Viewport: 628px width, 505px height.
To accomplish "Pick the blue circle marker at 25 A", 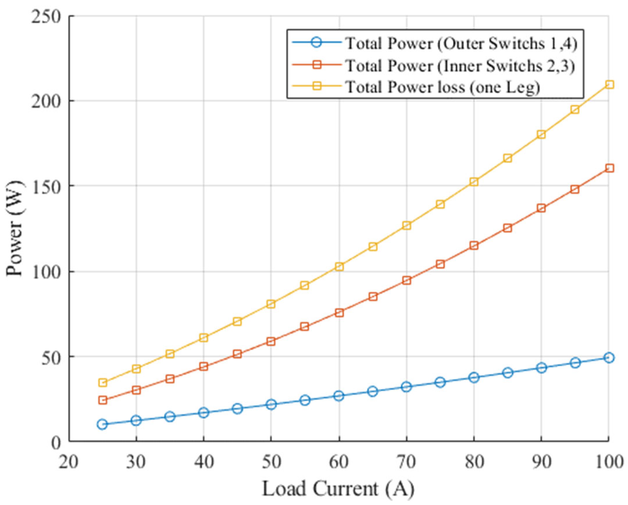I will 102,424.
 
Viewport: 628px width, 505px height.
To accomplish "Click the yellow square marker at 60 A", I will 339,267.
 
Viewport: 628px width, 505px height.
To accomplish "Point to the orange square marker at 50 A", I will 271,341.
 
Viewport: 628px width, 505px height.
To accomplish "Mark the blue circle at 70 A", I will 407,387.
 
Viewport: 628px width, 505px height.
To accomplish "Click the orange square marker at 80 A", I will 474,245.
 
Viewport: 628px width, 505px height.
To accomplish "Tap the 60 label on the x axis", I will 339,462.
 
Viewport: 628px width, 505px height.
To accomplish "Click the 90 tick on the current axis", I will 541,462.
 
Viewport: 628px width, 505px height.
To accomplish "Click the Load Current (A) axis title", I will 338,489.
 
